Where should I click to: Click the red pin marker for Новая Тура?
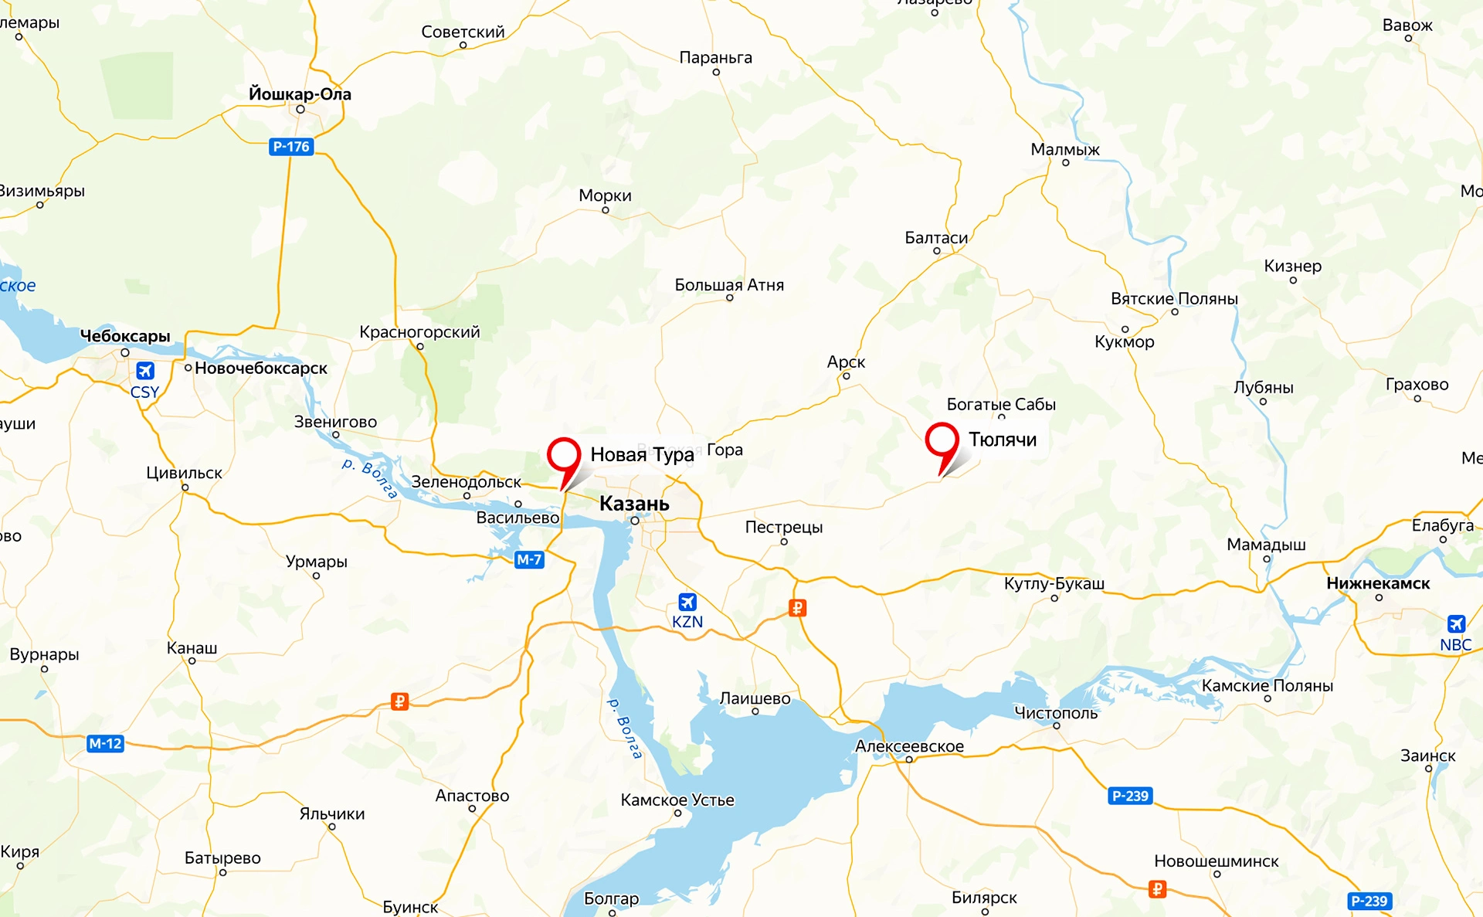(x=564, y=455)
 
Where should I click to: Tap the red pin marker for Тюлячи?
(x=942, y=440)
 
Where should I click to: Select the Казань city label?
(x=634, y=504)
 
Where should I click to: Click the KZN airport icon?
(x=687, y=602)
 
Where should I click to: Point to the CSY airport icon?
(x=145, y=371)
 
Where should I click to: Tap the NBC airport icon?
(x=1456, y=623)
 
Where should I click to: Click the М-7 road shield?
(x=529, y=559)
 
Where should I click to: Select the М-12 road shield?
(x=105, y=743)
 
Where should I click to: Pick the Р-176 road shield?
(x=291, y=147)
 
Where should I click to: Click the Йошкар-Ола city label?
(x=300, y=94)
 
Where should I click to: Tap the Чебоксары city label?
(x=125, y=336)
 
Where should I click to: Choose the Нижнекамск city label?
(x=1378, y=583)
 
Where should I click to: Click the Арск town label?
(x=846, y=362)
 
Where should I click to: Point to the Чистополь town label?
(x=1056, y=713)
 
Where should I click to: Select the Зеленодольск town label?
(x=466, y=482)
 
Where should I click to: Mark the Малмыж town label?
(x=1065, y=149)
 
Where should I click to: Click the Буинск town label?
(x=410, y=906)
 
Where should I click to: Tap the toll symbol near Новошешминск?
(x=1157, y=889)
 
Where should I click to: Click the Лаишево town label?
(x=755, y=698)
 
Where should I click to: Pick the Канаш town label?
(x=192, y=647)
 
